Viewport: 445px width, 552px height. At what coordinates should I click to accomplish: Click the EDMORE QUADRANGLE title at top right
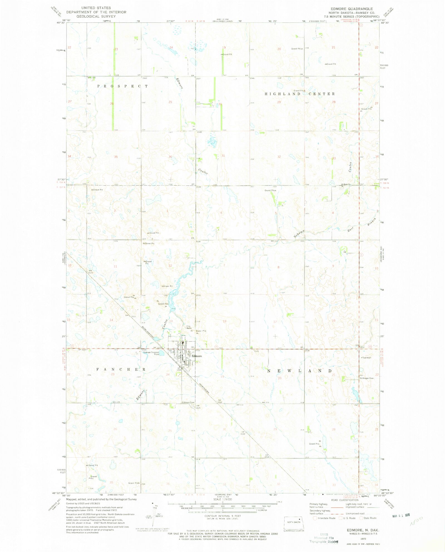pos(352,9)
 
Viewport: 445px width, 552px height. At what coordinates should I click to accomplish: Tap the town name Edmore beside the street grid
pos(197,356)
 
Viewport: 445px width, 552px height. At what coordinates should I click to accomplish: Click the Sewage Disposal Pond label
pos(151,353)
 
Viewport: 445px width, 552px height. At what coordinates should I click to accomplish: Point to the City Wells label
pos(189,327)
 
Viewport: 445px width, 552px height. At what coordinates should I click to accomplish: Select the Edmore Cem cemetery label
pos(188,402)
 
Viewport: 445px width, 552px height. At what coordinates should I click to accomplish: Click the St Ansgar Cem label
pos(367,378)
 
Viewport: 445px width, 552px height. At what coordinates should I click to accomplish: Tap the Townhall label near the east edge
pos(367,358)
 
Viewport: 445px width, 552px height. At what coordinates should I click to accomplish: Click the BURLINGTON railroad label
pos(148,332)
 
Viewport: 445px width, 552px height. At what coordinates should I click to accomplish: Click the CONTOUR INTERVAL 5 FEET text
pos(222,516)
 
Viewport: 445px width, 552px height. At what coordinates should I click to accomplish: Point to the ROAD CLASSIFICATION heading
pos(345,500)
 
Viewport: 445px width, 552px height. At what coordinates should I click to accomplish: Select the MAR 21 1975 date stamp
pos(401,516)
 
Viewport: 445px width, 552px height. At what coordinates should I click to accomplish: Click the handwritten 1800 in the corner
pos(416,520)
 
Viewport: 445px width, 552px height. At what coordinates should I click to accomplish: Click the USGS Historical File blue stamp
pos(324,538)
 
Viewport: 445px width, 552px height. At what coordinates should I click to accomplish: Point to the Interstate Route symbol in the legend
pos(315,518)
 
